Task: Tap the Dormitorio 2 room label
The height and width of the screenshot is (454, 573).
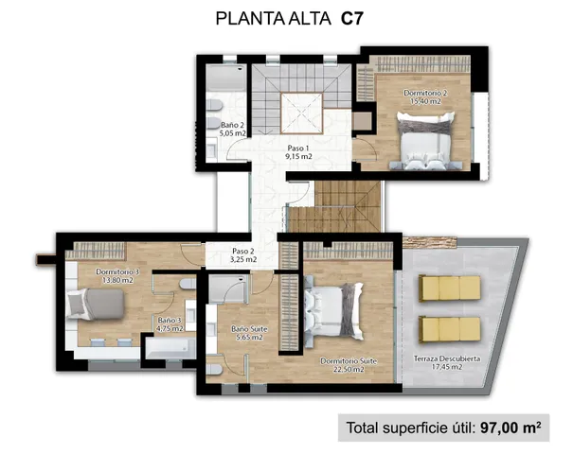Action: pyautogui.click(x=424, y=98)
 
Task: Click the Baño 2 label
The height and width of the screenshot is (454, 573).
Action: pyautogui.click(x=233, y=129)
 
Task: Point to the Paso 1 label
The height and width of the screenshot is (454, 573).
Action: pyautogui.click(x=299, y=151)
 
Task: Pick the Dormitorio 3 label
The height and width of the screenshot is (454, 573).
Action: pyautogui.click(x=118, y=276)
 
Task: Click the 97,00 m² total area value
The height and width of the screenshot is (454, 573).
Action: pyautogui.click(x=510, y=427)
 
